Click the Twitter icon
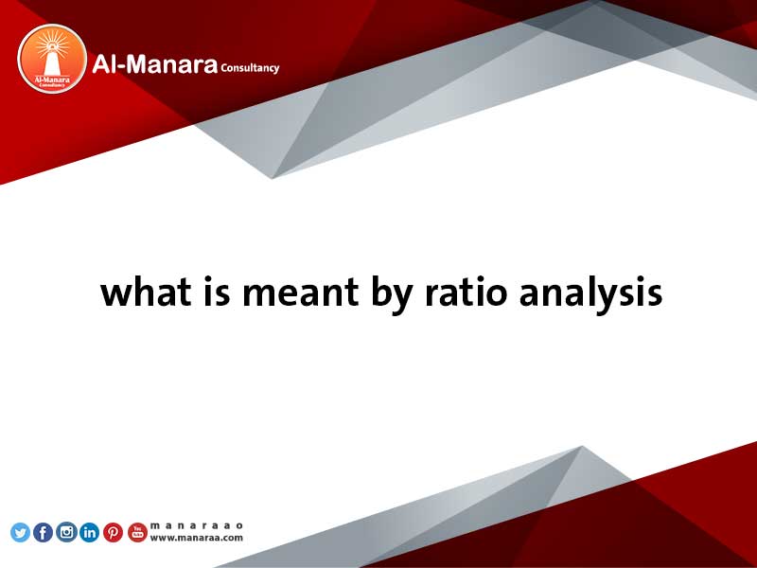20,532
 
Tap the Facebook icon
44,532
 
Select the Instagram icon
66,532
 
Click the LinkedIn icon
90,532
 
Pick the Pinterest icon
113,532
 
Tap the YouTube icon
137,532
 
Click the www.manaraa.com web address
197,538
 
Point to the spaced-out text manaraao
197,525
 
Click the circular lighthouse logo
51,59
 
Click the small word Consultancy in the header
250,68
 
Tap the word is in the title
207,293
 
